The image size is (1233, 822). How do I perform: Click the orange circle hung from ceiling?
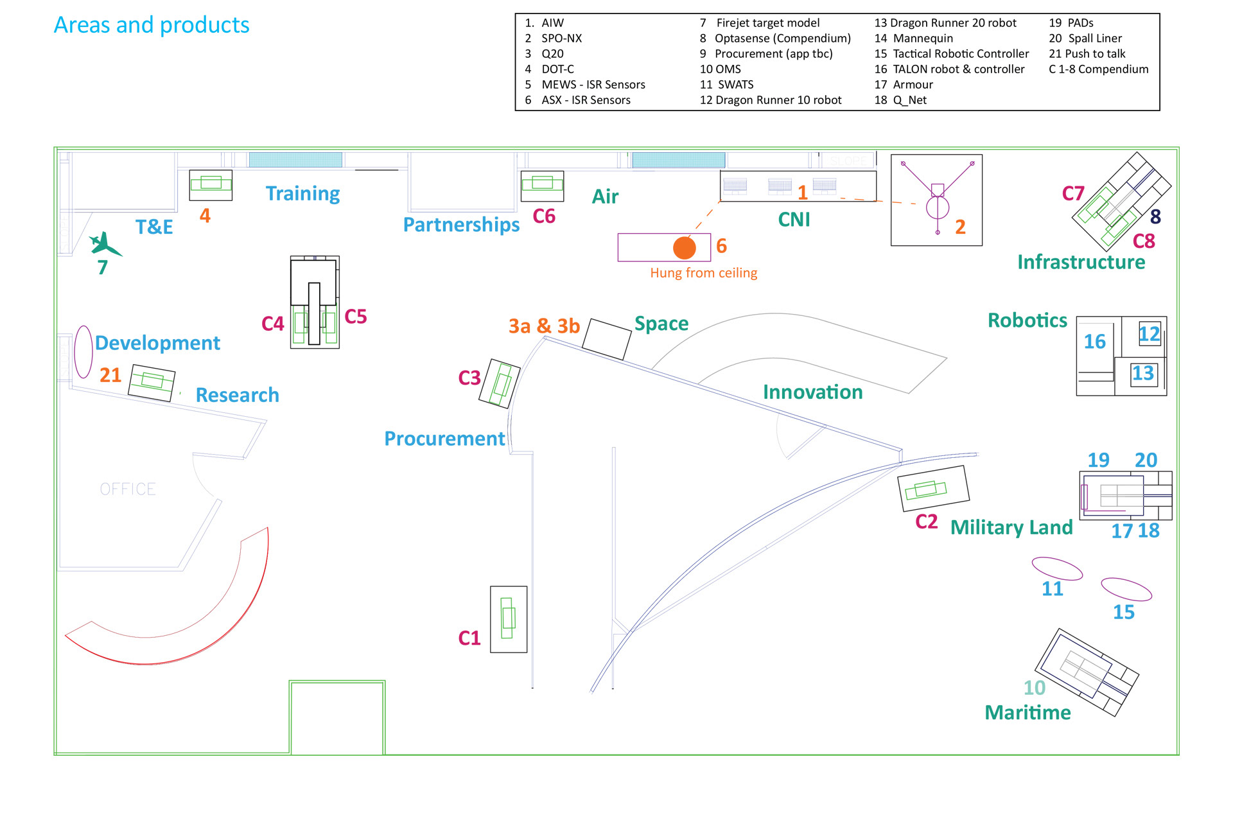click(685, 248)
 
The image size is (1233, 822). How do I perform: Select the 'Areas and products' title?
click(152, 25)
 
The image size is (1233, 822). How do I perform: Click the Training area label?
click(302, 193)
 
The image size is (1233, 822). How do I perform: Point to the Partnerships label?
click(461, 225)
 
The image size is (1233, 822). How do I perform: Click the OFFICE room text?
click(128, 489)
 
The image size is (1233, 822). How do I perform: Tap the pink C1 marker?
click(469, 638)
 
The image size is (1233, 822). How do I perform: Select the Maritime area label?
click(1027, 712)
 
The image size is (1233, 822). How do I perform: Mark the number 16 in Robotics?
click(1094, 342)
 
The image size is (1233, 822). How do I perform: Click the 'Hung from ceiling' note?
click(703, 273)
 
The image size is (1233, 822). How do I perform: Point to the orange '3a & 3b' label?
click(544, 326)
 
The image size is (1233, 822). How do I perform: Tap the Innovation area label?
click(812, 392)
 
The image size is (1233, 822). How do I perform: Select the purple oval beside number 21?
click(83, 352)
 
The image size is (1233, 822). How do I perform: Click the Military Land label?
click(1011, 527)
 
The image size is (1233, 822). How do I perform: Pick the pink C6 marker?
click(544, 216)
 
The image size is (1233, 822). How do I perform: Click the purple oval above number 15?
click(1126, 589)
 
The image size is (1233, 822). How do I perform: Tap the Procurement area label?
click(444, 439)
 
